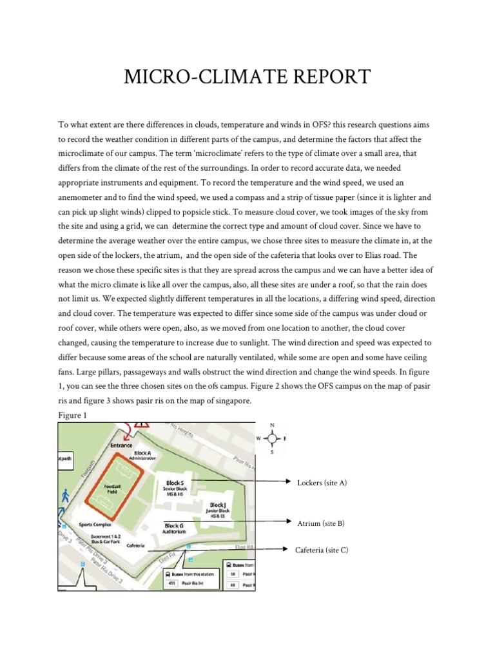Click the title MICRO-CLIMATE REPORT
click(x=247, y=77)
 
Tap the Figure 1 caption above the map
click(x=72, y=416)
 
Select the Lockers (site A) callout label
click(x=322, y=483)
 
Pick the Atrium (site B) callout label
click(x=320, y=523)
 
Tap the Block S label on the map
click(x=175, y=482)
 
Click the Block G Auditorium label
click(x=173, y=529)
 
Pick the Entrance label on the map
click(x=121, y=445)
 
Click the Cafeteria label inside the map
click(x=135, y=545)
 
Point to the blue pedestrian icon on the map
click(x=65, y=496)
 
